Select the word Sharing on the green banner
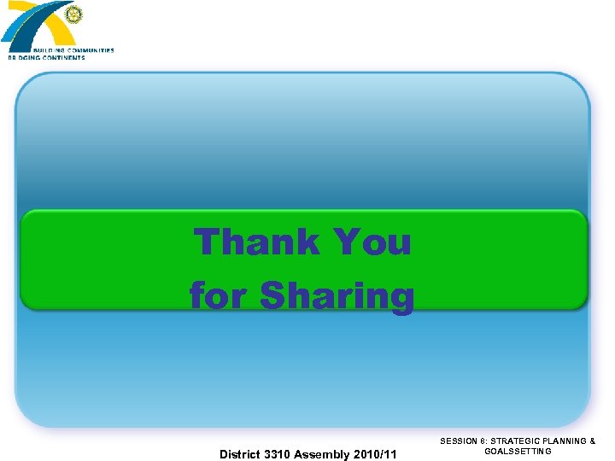(337, 297)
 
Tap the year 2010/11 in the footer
(376, 454)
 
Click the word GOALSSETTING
(518, 451)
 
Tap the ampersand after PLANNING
(593, 441)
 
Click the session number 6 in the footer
(481, 441)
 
